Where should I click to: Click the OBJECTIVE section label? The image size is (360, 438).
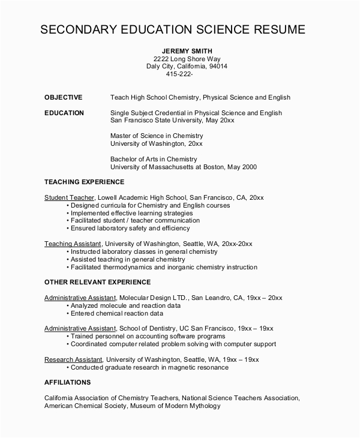click(x=64, y=97)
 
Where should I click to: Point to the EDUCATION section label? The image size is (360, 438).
click(x=64, y=113)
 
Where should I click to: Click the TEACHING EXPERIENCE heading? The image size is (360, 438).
click(x=84, y=181)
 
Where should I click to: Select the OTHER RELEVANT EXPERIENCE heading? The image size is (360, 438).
click(x=97, y=281)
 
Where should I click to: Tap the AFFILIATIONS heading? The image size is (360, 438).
click(x=68, y=382)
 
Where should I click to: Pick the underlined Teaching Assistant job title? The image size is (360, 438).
click(x=73, y=244)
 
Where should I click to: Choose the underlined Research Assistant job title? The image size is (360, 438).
click(x=72, y=359)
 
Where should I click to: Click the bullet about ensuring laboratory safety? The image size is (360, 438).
click(x=130, y=229)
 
